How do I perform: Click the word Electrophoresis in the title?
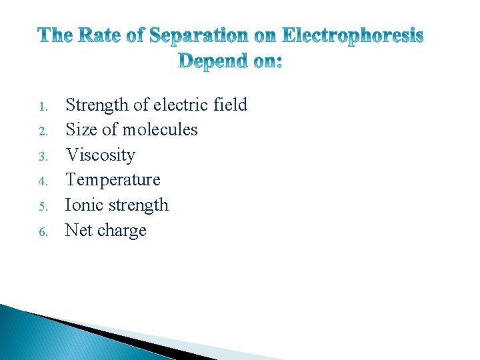tap(353, 35)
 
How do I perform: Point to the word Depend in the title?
tap(213, 62)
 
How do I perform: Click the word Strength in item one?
tap(97, 105)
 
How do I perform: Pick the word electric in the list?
tap(180, 105)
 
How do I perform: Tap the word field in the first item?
tap(229, 105)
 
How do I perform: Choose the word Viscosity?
tap(100, 155)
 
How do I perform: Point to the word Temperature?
tap(113, 180)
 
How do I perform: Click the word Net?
tap(79, 231)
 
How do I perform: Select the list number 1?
tap(41, 107)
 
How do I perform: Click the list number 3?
tap(41, 157)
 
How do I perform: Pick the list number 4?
tap(41, 181)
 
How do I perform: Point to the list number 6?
tap(41, 232)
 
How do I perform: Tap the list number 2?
tap(41, 131)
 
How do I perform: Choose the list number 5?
tap(41, 207)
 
